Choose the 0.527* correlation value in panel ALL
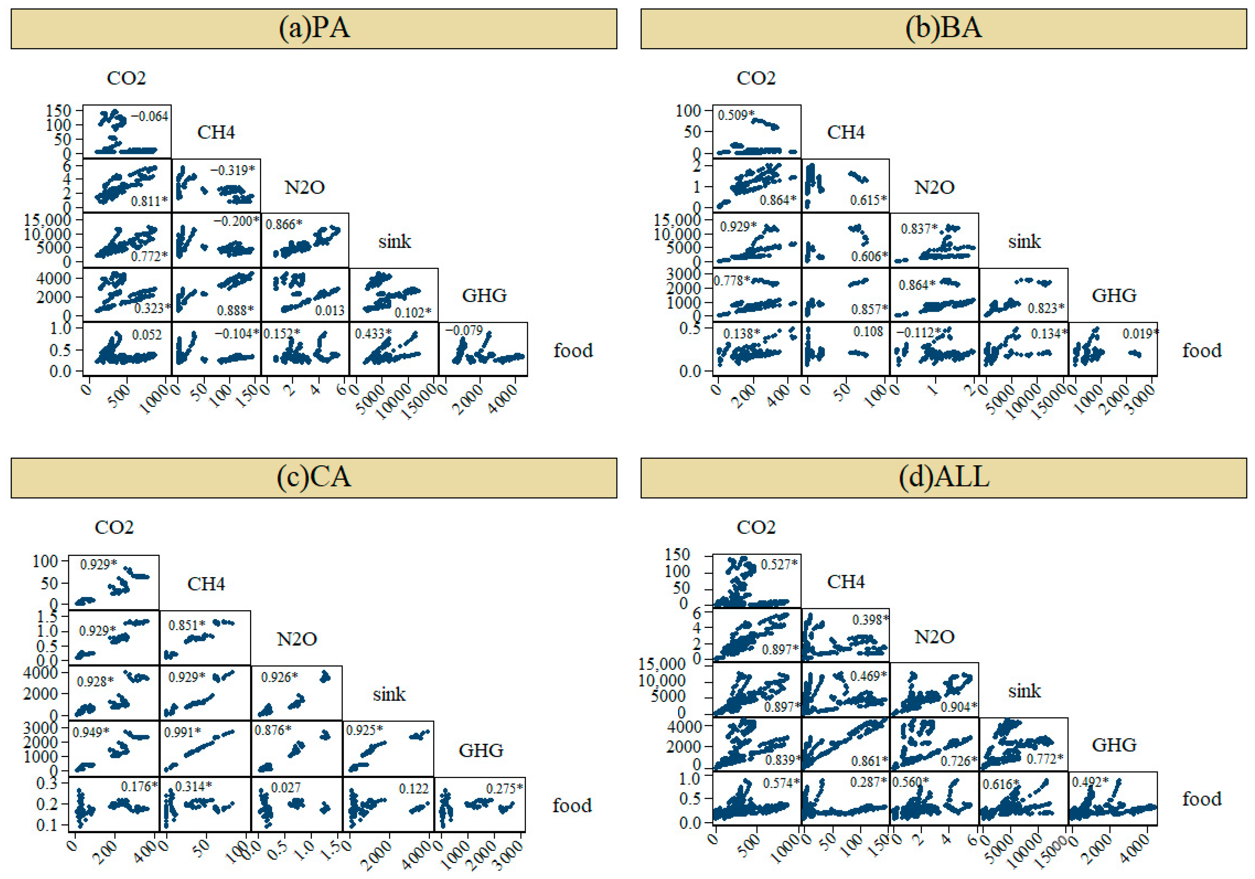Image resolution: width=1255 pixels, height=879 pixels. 779,563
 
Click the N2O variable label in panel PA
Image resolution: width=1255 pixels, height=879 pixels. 304,188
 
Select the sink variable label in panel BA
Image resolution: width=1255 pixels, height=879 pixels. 1024,241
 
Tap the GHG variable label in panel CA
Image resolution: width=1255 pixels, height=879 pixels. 480,750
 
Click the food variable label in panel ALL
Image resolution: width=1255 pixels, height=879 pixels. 1201,799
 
